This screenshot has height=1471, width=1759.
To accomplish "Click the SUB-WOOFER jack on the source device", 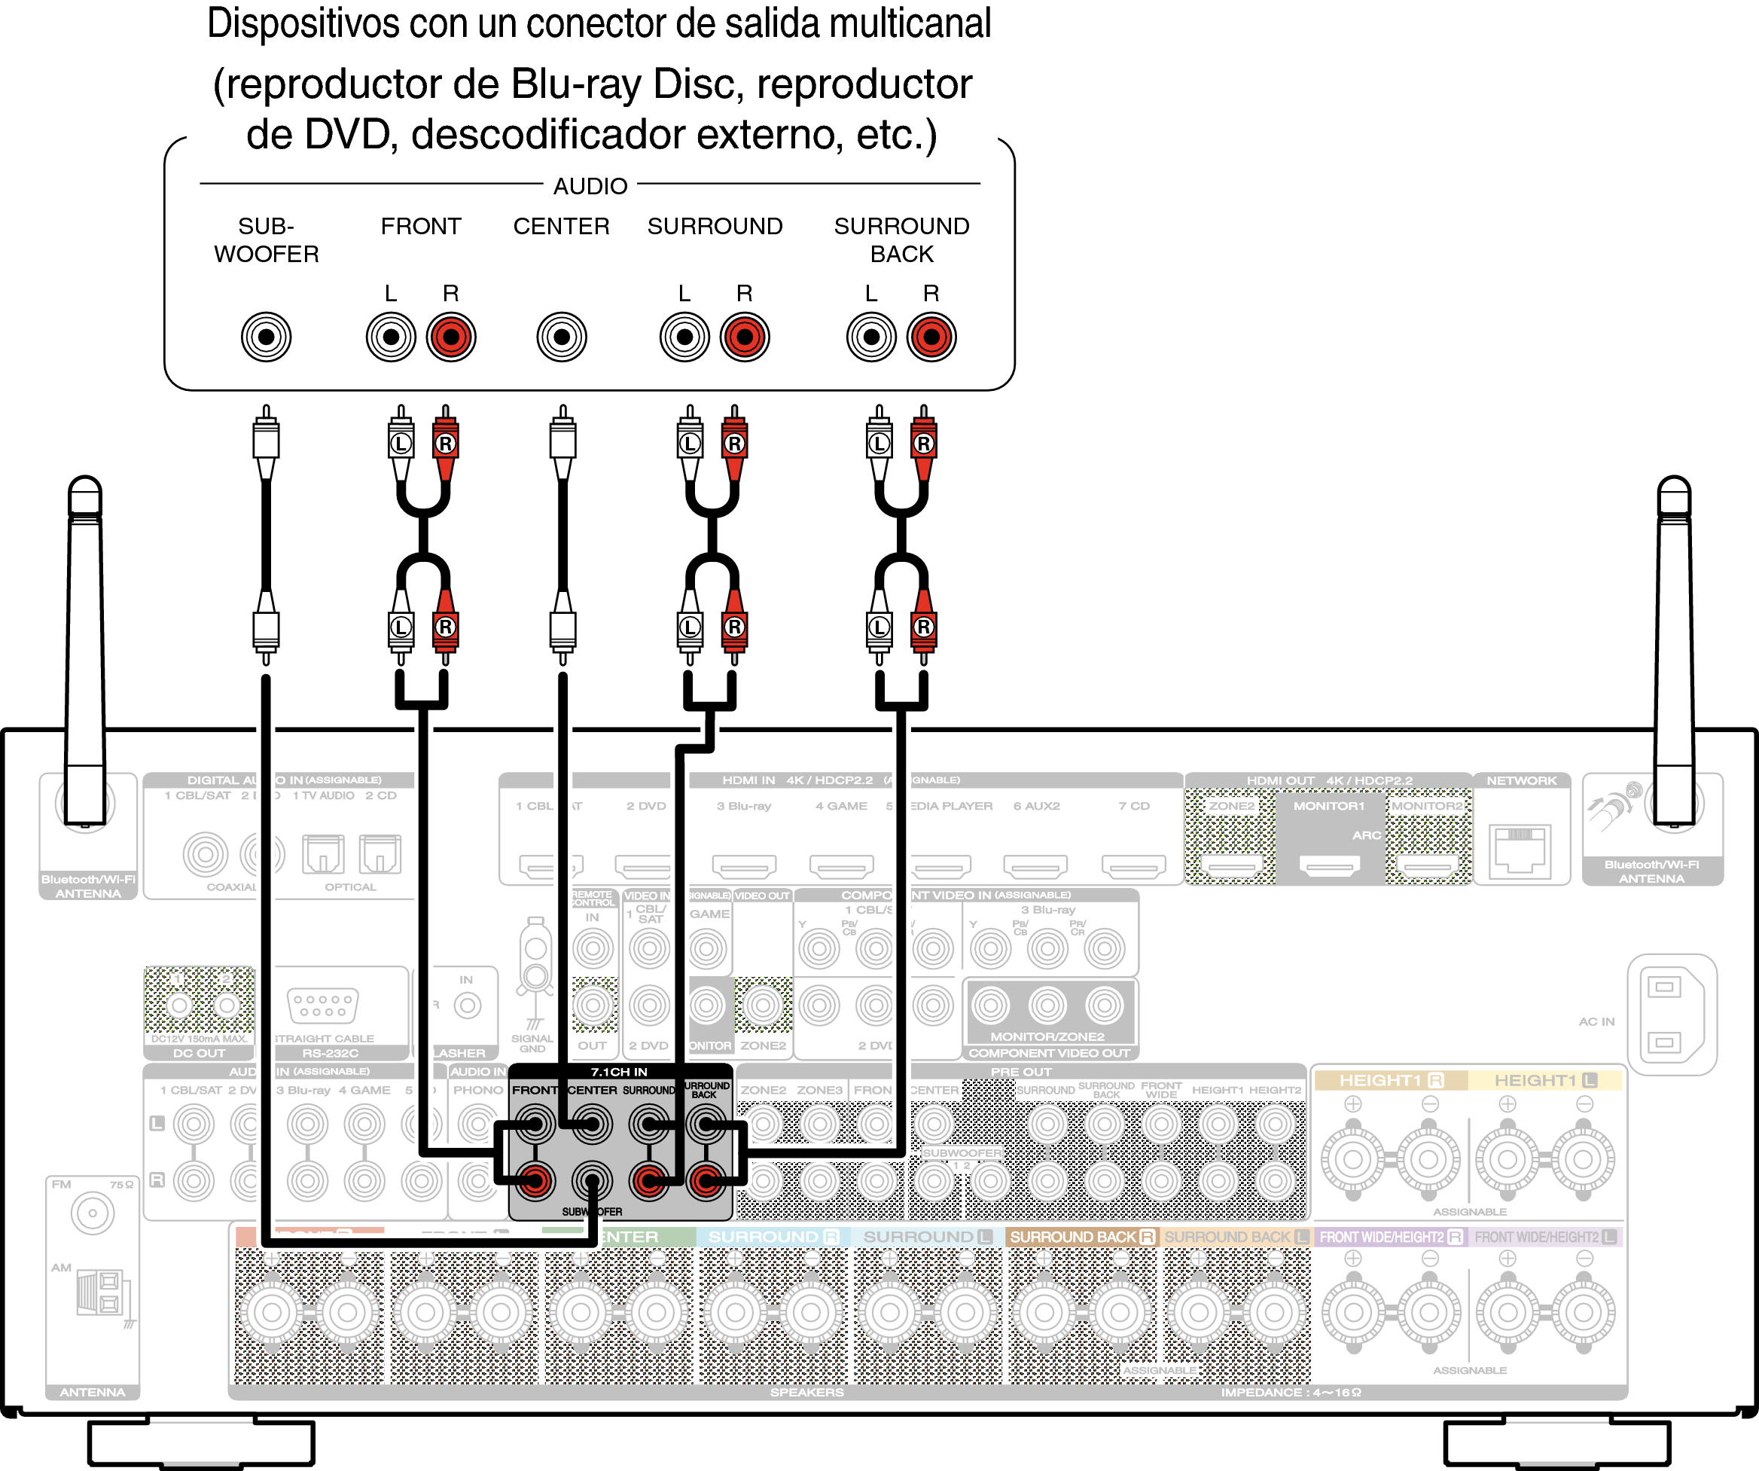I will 266,337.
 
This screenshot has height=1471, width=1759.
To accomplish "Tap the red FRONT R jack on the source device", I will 450,337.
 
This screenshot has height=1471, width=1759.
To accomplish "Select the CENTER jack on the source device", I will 561,337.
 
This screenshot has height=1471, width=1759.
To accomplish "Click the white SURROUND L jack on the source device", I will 684,337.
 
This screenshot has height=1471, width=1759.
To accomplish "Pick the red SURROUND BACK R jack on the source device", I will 931,337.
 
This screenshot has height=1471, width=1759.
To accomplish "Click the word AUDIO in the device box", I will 590,186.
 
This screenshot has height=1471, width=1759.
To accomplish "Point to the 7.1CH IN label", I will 618,1071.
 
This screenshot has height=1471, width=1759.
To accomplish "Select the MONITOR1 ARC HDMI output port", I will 1328,865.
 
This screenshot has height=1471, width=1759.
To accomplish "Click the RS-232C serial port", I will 322,1005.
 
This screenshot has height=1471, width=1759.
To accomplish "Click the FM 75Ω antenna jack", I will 92,1212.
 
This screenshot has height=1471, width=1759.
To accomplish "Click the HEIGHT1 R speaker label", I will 1391,1080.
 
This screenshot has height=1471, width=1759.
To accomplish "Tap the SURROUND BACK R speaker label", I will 1081,1237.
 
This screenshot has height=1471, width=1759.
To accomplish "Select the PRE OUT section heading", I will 1020,1071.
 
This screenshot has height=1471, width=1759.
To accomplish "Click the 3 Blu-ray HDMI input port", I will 744,865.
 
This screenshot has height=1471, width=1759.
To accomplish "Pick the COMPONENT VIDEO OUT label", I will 1049,1053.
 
